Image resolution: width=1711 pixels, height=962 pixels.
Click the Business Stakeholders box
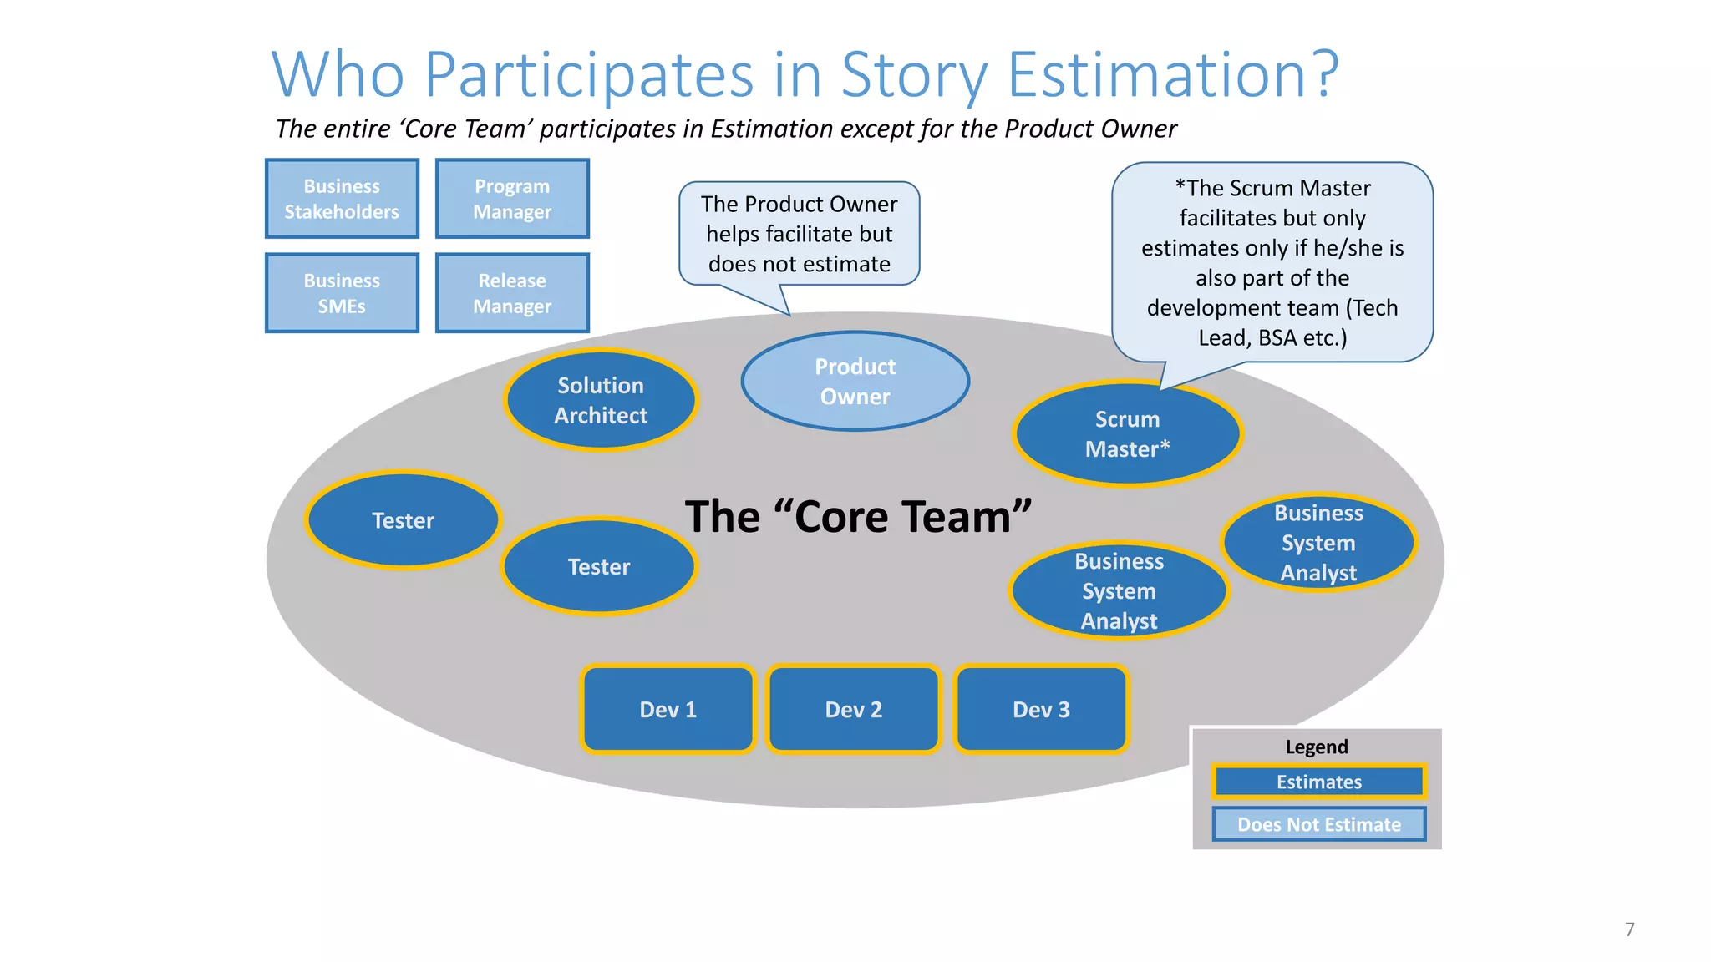click(342, 199)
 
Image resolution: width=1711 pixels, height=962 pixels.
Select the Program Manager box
click(512, 199)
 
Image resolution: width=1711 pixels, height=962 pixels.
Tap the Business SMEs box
click(342, 293)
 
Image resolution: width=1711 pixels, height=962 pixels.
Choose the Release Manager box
click(512, 293)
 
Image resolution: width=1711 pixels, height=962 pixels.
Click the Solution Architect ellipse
click(601, 400)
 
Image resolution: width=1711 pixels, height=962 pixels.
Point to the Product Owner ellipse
click(855, 382)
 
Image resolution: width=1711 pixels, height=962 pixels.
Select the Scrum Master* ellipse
click(1127, 434)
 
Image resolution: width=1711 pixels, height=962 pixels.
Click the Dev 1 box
click(668, 709)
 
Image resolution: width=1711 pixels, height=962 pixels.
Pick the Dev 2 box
click(854, 709)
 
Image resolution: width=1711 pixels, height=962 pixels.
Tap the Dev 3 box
click(1041, 709)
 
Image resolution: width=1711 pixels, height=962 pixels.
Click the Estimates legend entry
click(1318, 782)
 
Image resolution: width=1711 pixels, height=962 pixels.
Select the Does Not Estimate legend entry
click(1318, 824)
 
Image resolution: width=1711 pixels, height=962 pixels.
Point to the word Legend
click(1317, 747)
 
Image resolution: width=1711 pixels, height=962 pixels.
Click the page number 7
click(1629, 929)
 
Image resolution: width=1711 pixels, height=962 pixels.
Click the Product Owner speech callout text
click(799, 234)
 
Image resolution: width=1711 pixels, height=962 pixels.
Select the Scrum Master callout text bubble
click(1272, 262)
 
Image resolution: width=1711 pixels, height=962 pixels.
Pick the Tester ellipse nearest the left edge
click(403, 520)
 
